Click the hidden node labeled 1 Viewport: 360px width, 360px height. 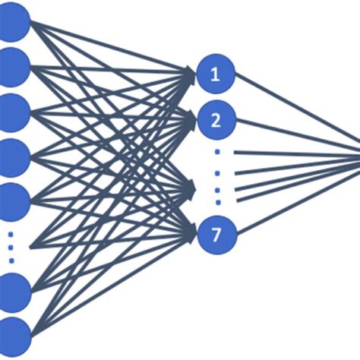[x=216, y=74]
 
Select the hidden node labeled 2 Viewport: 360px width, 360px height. [x=216, y=118]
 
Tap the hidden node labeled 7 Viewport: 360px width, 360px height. [x=216, y=235]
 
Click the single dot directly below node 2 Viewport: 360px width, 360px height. [x=216, y=152]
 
